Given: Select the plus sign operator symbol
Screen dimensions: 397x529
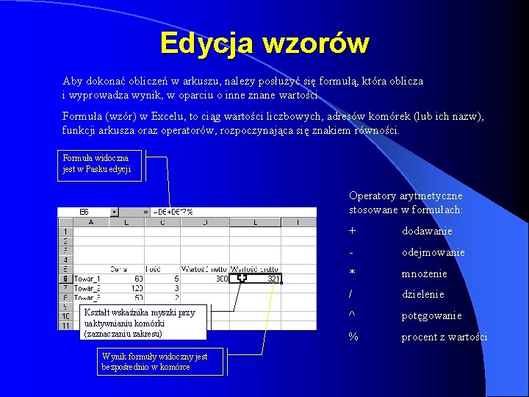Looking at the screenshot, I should click(353, 231).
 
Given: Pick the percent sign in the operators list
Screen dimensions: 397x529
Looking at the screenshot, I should click(353, 337).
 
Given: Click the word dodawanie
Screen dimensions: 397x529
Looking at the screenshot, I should click(427, 231).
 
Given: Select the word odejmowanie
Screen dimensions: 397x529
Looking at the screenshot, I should click(433, 252).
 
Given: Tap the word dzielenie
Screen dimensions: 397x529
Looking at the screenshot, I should click(422, 295).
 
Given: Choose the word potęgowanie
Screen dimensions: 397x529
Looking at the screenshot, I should click(431, 316).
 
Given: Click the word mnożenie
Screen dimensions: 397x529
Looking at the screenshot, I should click(424, 273).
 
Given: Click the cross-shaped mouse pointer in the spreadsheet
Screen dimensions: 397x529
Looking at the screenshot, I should click(242, 278).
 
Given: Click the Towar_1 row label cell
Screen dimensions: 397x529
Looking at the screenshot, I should click(87, 279).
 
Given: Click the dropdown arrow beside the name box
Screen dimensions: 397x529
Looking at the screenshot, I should click(114, 212).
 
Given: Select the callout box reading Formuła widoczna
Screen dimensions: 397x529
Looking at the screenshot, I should click(101, 164).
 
